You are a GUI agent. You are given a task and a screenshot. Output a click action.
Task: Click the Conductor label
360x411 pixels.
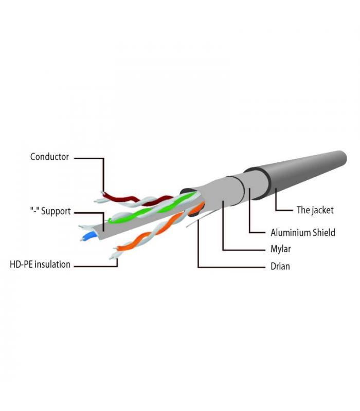[49, 157]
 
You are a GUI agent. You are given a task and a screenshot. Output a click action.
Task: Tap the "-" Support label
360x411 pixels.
[50, 211]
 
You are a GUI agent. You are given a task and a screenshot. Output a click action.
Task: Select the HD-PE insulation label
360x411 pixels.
[40, 264]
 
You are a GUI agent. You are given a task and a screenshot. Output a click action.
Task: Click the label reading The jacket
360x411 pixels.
[315, 210]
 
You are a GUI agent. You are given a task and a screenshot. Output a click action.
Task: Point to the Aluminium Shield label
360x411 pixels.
[303, 233]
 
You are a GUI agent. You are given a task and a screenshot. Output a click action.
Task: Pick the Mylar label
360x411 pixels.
[280, 249]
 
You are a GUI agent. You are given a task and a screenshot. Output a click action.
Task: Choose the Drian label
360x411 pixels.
[280, 266]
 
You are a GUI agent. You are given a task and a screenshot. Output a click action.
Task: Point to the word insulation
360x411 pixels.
[52, 264]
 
